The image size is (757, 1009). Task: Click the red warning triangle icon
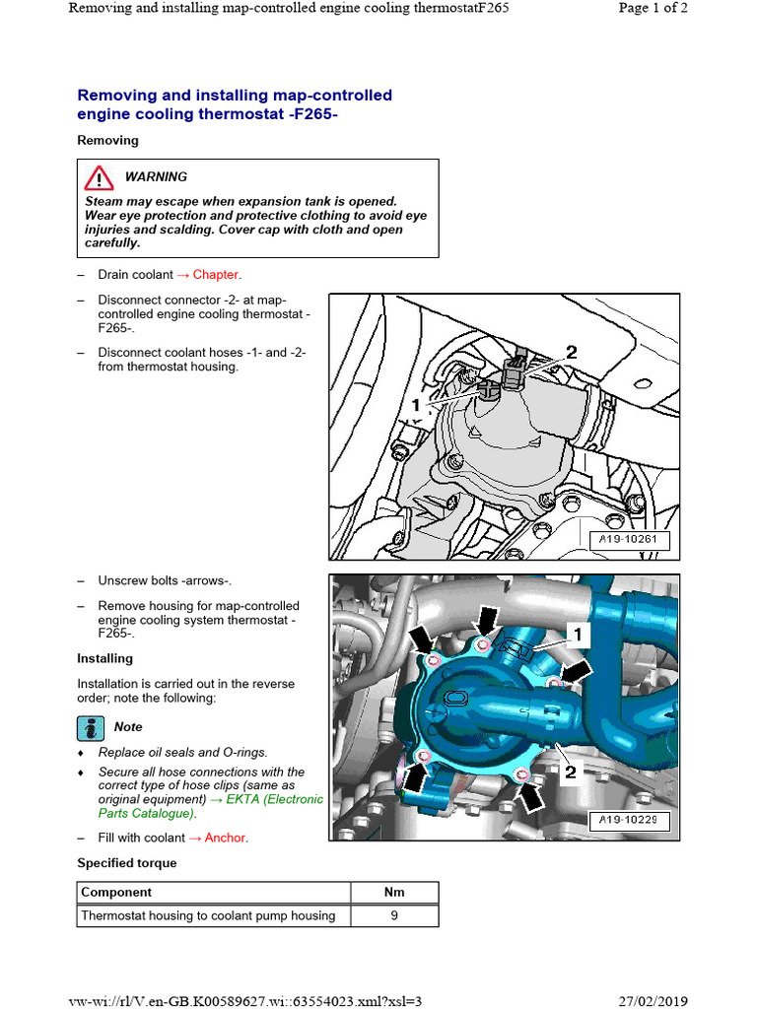tap(98, 178)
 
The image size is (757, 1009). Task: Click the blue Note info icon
tap(91, 727)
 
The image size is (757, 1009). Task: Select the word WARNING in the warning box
tap(156, 177)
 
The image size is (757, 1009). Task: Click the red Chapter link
tap(216, 275)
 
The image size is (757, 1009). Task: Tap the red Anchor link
tap(226, 838)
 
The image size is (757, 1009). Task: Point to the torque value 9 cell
tap(394, 915)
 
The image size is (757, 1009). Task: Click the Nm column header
tap(394, 893)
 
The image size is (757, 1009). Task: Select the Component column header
tap(116, 893)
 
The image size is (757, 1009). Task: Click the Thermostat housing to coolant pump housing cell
tap(208, 915)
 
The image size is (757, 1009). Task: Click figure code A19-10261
tap(629, 540)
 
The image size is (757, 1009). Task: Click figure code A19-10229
tap(629, 819)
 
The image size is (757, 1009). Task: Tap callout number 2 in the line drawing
tap(571, 352)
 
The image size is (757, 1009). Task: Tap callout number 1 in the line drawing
tap(417, 404)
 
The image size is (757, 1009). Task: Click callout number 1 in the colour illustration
tap(577, 631)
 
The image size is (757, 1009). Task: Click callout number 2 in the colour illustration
tap(570, 773)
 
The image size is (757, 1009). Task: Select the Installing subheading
tap(104, 658)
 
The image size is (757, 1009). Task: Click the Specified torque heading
tap(127, 863)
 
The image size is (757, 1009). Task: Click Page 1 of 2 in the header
tap(652, 8)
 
